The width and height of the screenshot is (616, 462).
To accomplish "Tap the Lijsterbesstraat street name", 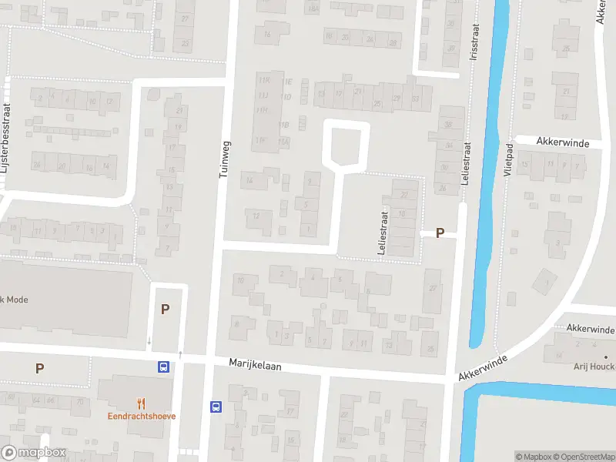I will [x=7, y=146].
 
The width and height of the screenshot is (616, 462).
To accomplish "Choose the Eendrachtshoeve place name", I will [x=142, y=416].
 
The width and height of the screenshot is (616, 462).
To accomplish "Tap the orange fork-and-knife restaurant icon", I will [x=141, y=403].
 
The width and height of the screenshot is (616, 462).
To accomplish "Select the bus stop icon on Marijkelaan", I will [x=163, y=367].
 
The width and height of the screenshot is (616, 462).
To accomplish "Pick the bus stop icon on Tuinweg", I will [x=216, y=406].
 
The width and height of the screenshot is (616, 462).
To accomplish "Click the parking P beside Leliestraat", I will [x=440, y=233].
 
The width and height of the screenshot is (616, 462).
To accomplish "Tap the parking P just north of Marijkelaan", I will [x=165, y=310].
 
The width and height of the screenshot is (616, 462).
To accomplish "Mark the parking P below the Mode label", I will [x=39, y=368].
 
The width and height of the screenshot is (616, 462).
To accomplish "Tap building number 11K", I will [x=266, y=80].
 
